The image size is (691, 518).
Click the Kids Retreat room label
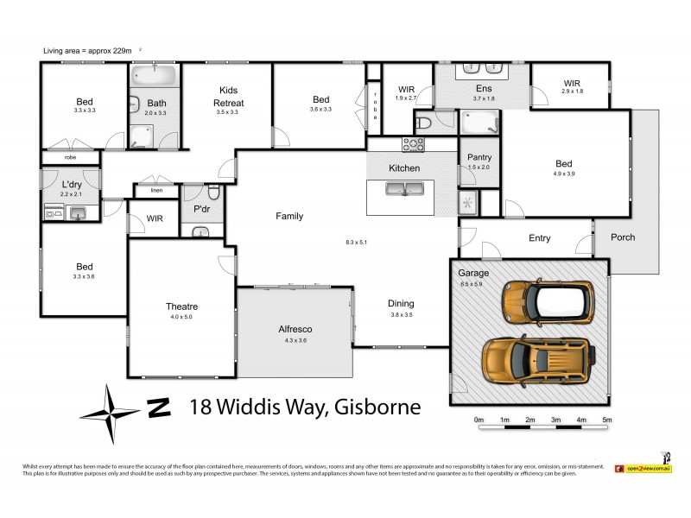(x=229, y=96)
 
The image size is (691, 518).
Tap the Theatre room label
(x=181, y=306)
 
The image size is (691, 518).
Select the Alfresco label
(x=295, y=330)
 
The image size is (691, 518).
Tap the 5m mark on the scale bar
(x=607, y=420)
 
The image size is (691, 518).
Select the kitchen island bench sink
(x=403, y=191)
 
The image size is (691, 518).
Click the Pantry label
(x=479, y=157)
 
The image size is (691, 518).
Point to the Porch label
(x=623, y=237)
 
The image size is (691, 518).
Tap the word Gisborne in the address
(x=374, y=407)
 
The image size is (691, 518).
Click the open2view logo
(x=643, y=467)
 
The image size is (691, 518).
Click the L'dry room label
(x=71, y=185)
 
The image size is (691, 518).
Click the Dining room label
(x=401, y=303)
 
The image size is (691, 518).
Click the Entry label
(x=539, y=238)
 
